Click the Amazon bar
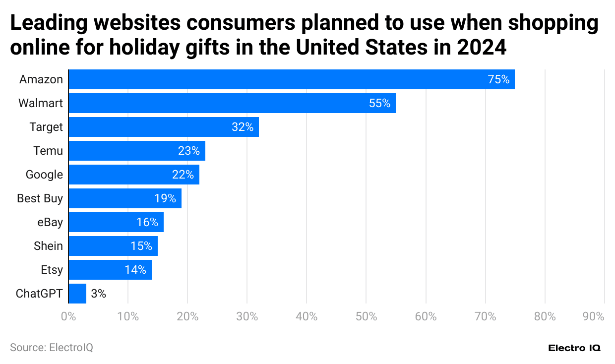[292, 79]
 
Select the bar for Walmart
[232, 103]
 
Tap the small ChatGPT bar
[77, 294]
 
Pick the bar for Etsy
[110, 270]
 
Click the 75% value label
[498, 79]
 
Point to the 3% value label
[98, 294]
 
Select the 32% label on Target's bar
[243, 127]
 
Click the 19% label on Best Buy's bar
[165, 198]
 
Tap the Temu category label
[48, 151]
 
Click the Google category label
[45, 175]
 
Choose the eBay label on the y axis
[50, 222]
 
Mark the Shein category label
[48, 246]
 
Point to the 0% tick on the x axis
[68, 316]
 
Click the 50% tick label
[366, 316]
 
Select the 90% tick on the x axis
[594, 316]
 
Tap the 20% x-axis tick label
[187, 316]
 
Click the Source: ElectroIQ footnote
[51, 348]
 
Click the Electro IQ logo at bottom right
[574, 348]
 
